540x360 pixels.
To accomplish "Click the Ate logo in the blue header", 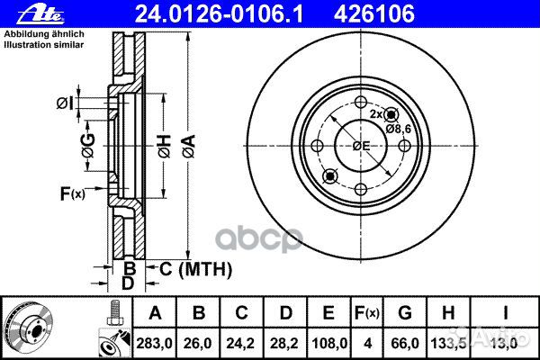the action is [40, 15].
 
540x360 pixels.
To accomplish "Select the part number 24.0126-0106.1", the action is [219, 14].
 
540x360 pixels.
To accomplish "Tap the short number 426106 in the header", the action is [374, 14].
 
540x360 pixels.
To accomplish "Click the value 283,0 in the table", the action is [154, 344].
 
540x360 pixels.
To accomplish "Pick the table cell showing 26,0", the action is [198, 344].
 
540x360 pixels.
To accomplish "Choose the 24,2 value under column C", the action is [240, 344].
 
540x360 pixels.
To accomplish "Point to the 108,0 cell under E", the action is [328, 344].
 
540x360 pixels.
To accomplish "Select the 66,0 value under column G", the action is [405, 344].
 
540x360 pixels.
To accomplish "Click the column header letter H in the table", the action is [448, 313].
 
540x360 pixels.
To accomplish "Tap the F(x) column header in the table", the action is [367, 313].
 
